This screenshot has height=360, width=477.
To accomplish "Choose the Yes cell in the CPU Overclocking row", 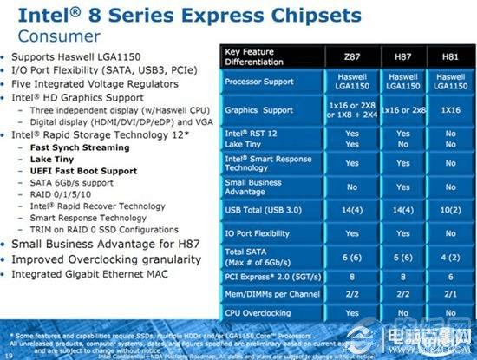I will [350, 311].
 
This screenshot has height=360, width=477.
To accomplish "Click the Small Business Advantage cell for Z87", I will [350, 187].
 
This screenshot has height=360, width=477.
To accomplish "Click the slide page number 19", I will [9, 355].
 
